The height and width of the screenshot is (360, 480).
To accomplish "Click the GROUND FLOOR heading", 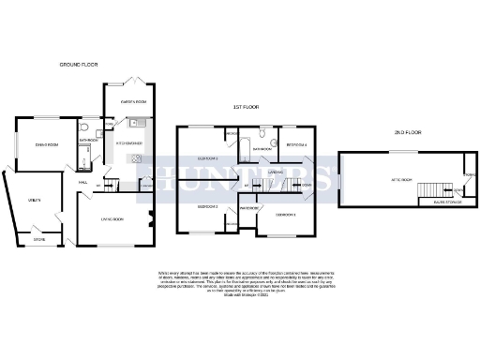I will click(79, 65).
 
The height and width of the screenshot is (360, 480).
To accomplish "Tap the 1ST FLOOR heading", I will click(241, 107).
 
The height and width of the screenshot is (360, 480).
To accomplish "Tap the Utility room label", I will click(34, 201).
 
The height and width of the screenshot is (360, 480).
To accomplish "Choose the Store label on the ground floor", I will click(39, 239).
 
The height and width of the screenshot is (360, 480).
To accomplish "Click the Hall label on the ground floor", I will click(82, 183).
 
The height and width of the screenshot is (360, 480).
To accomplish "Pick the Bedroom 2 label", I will click(207, 206).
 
